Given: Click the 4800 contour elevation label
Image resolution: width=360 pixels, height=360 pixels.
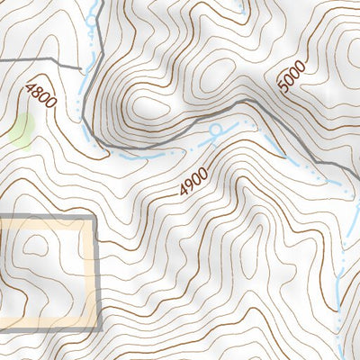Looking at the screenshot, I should [41, 94].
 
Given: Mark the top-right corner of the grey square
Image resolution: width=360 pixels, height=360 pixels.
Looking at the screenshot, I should [93, 219].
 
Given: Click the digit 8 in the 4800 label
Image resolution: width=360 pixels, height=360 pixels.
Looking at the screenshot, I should [37, 91].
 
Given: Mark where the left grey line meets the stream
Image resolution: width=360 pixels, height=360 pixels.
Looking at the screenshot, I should [84, 65].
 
